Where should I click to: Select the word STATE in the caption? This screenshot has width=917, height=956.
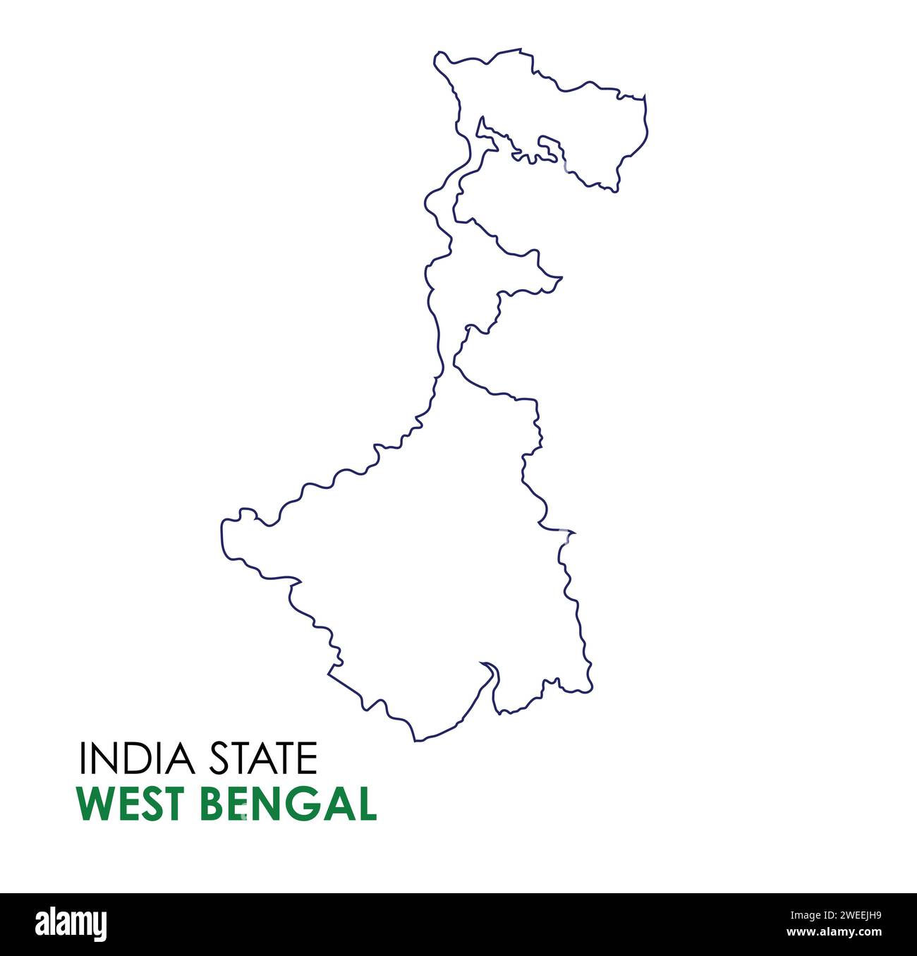262,758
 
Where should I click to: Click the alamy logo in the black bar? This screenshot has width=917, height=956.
71,924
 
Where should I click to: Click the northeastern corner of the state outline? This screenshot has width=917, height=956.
644,97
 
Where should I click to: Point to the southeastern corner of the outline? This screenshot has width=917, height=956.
590,688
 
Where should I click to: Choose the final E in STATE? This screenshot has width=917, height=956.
308,758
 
